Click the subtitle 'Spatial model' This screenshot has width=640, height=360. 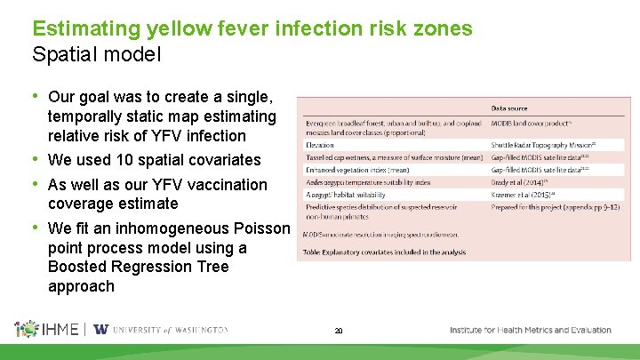click(97, 54)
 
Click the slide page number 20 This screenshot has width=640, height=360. click(339, 331)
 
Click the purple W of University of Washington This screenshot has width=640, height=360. click(101, 329)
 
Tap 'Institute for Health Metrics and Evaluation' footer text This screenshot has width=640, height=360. click(530, 330)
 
